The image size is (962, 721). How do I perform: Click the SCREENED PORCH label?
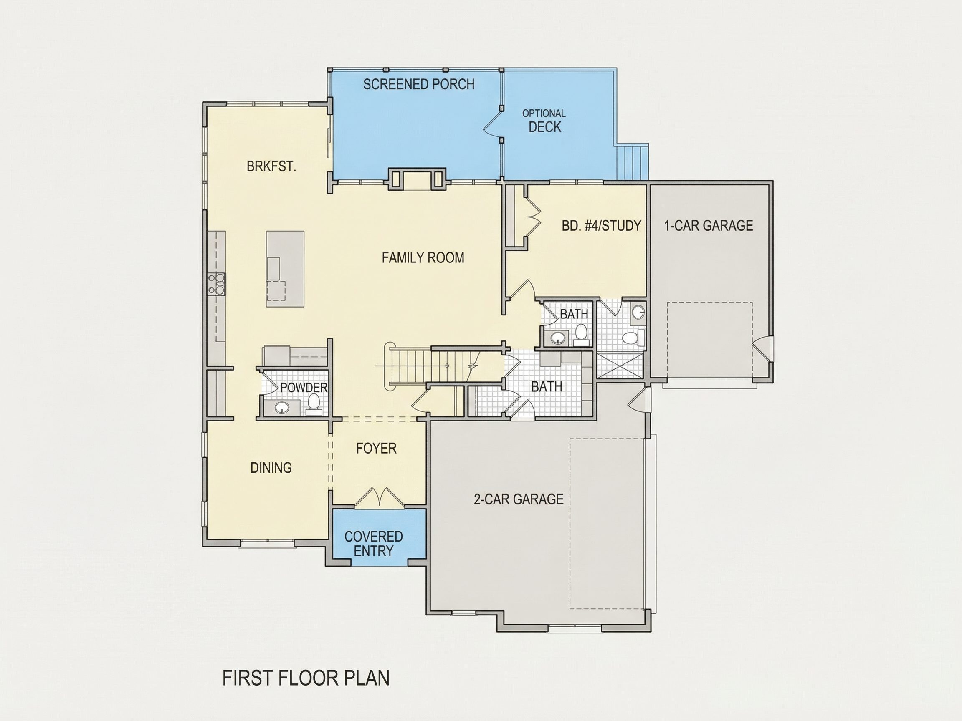(x=418, y=84)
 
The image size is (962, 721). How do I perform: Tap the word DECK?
(x=544, y=127)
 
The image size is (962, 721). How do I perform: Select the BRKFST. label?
(x=271, y=166)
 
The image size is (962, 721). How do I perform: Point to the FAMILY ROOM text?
(x=423, y=258)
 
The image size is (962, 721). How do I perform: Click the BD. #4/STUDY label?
(x=602, y=226)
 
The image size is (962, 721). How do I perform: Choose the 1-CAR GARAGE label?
(x=709, y=226)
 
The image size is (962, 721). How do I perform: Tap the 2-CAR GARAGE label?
(x=519, y=499)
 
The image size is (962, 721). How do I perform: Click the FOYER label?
(x=376, y=448)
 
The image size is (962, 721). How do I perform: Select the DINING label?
(x=271, y=468)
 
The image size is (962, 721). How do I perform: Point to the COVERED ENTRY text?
(x=374, y=544)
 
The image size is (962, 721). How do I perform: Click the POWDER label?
(x=304, y=387)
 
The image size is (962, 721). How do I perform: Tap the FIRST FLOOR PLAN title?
(x=306, y=678)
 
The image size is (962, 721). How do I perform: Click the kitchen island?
(x=285, y=269)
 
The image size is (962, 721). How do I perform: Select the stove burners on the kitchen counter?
(x=217, y=283)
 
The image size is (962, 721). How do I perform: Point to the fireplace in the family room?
(x=417, y=179)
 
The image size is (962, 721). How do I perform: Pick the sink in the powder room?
(x=282, y=408)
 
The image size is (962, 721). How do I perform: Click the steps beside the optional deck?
(x=633, y=162)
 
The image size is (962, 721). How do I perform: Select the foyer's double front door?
(x=379, y=498)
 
